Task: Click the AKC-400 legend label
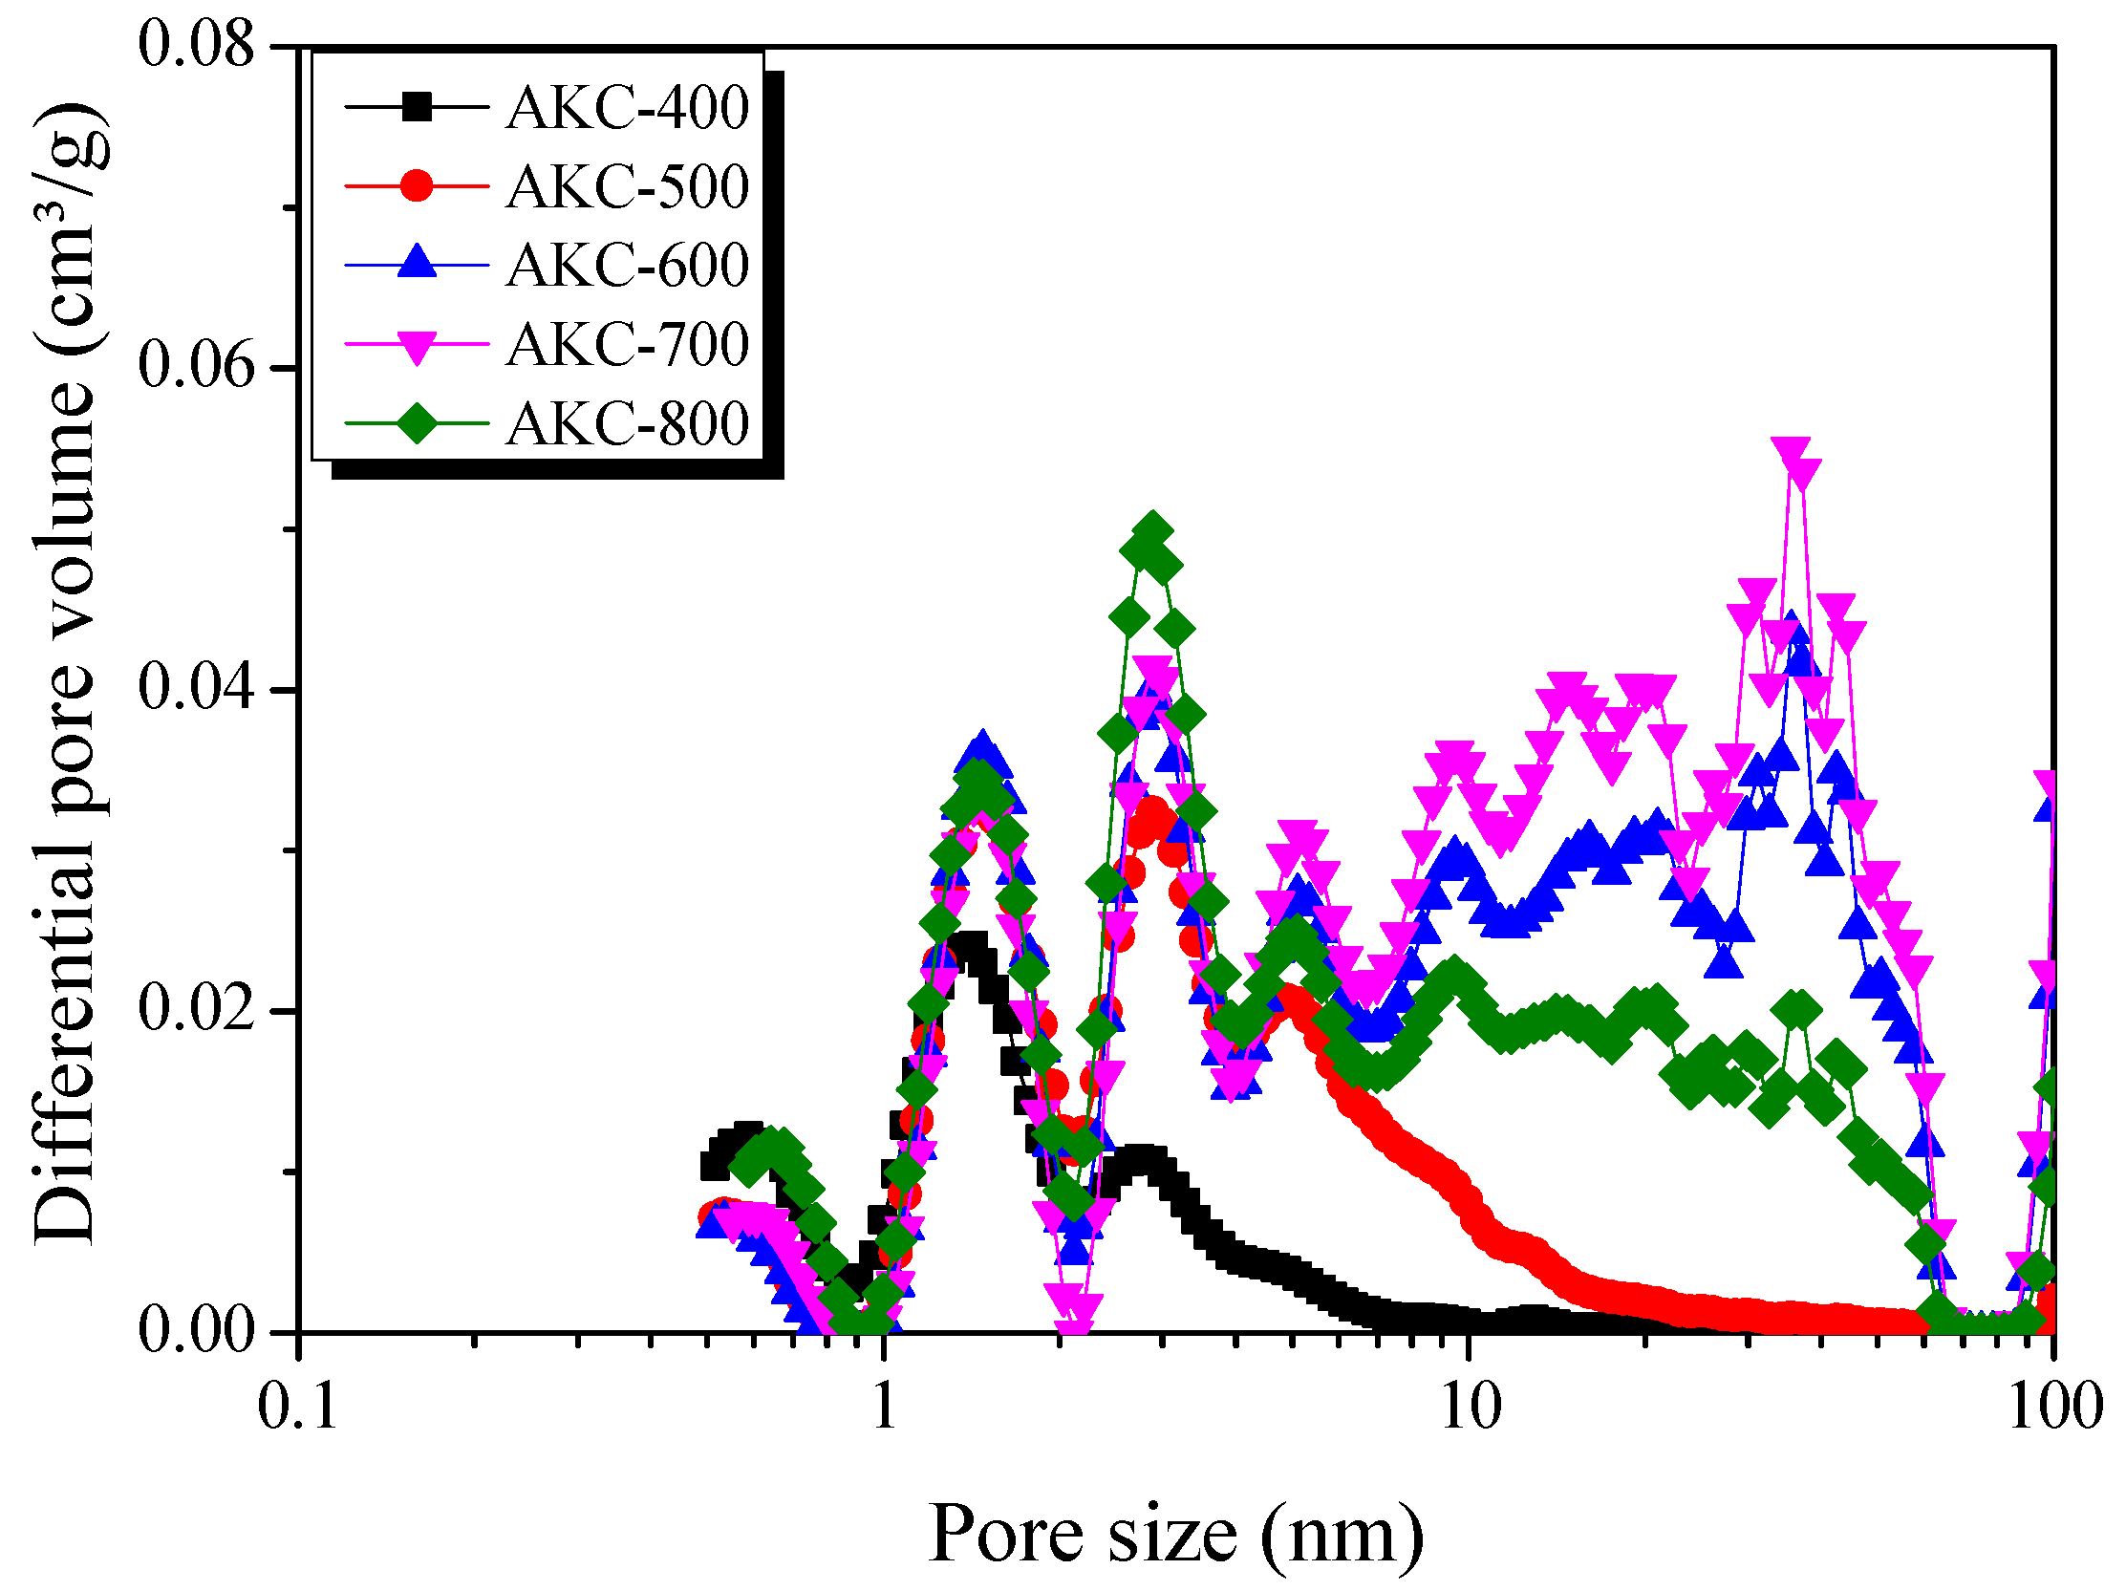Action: pyautogui.click(x=627, y=108)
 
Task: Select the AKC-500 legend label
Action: pyautogui.click(x=627, y=186)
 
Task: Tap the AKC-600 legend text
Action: pyautogui.click(x=627, y=266)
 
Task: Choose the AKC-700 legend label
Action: pyautogui.click(x=627, y=344)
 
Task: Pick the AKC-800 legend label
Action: pyautogui.click(x=627, y=423)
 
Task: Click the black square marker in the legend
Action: pyautogui.click(x=418, y=106)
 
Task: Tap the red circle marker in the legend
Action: pyautogui.click(x=418, y=184)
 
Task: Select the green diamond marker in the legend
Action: pyautogui.click(x=418, y=423)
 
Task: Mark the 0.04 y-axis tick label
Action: pyautogui.click(x=197, y=688)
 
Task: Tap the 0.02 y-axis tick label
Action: pyautogui.click(x=197, y=1010)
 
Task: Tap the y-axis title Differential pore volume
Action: pyautogui.click(x=65, y=673)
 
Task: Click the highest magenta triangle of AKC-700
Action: pyautogui.click(x=1791, y=453)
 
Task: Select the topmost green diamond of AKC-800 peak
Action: pyautogui.click(x=1152, y=531)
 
